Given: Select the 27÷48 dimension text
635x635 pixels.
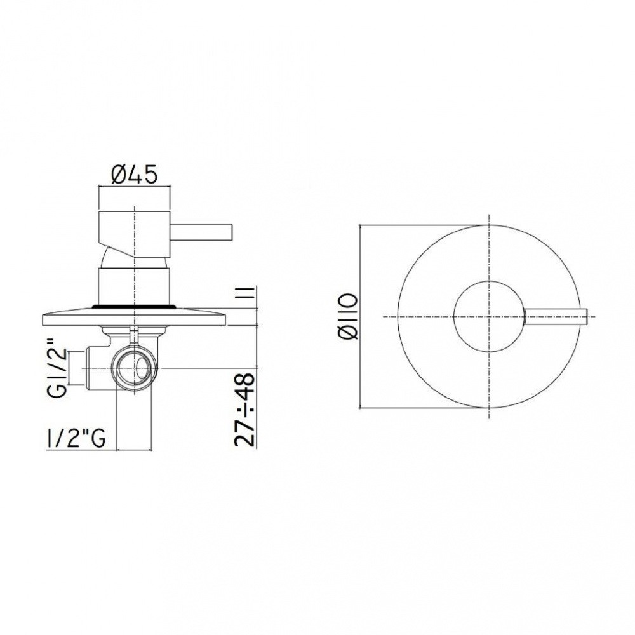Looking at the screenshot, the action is point(245,409).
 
